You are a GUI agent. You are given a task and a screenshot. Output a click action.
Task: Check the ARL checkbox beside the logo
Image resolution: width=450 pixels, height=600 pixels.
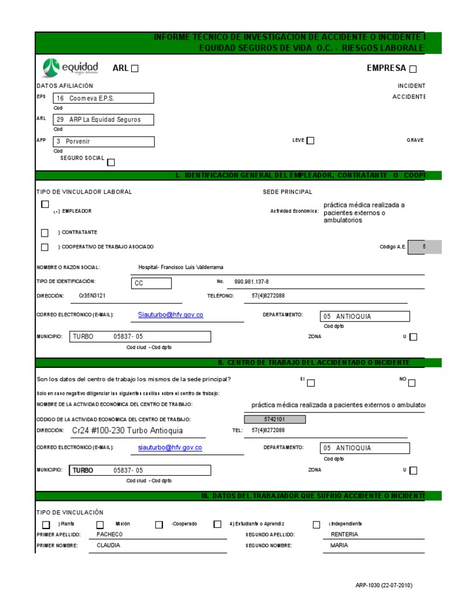(135, 69)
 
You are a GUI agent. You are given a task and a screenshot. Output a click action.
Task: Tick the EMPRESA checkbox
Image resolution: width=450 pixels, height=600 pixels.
(413, 69)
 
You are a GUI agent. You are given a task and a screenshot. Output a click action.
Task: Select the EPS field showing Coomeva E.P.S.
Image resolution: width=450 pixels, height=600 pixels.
(104, 98)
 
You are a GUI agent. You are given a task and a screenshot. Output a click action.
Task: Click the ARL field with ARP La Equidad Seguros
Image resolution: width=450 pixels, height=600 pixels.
(104, 120)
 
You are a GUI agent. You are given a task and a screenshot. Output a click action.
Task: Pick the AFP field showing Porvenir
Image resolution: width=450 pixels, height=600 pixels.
(104, 141)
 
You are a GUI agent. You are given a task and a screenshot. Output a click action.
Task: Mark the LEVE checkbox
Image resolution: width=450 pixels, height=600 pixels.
(311, 141)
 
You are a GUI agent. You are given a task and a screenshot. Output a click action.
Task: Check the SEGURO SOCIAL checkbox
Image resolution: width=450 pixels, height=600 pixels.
(111, 162)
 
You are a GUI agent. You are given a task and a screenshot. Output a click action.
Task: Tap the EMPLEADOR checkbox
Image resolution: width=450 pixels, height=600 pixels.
(45, 204)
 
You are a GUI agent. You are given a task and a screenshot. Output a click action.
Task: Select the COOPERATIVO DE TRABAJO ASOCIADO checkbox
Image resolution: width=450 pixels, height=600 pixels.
(45, 247)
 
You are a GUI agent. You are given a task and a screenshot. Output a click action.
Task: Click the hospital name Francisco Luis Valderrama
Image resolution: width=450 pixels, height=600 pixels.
(180, 267)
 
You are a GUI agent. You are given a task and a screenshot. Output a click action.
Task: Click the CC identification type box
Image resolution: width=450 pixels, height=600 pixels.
(152, 284)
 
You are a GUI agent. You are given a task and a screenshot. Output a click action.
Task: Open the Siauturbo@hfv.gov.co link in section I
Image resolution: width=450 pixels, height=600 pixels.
(171, 315)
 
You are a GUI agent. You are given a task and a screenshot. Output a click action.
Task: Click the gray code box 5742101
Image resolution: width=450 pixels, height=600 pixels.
(274, 420)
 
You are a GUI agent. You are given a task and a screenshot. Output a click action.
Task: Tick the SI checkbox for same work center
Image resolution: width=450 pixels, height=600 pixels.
(311, 383)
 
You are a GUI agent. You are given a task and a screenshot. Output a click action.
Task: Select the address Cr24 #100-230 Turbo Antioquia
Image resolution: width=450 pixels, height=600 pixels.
(127, 431)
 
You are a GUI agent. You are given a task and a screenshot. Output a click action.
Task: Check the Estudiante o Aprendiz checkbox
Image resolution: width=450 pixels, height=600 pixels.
(217, 524)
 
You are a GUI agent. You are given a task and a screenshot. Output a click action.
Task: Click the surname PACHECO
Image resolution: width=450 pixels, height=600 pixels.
(110, 534)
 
